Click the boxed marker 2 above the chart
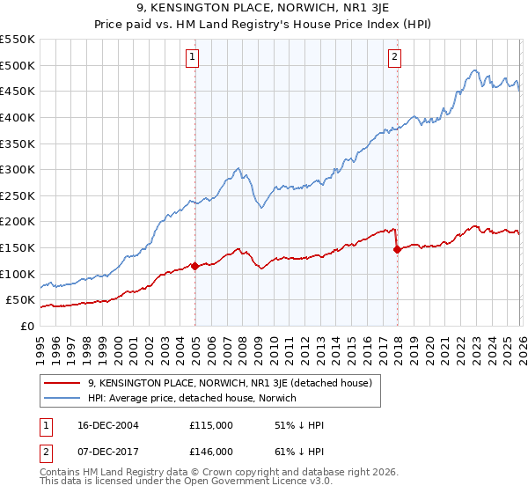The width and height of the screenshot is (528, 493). (395, 58)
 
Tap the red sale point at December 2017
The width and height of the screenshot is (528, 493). (397, 249)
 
